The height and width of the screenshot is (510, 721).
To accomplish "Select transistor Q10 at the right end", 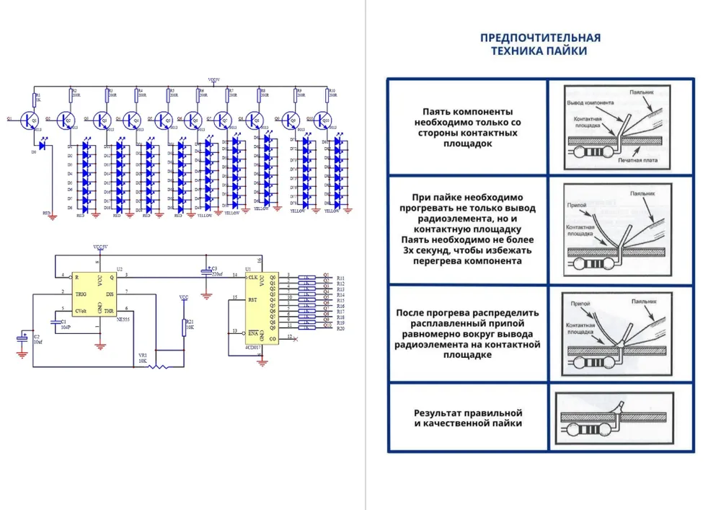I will pos(324,120).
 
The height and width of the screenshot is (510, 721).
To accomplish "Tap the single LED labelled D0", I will pos(43,146).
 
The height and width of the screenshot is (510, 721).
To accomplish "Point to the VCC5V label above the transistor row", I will pos(214,79).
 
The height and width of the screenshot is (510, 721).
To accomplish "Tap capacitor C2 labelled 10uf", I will pos(21,339).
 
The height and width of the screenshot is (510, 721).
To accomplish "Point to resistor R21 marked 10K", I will pos(185,327).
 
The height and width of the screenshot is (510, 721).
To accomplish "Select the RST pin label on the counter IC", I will pos(252,299).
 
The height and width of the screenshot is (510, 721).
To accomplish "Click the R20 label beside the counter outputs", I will pos(340,329).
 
